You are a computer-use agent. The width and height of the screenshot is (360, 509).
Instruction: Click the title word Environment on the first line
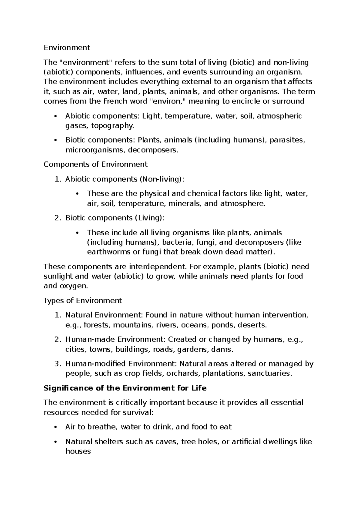[x=67, y=47]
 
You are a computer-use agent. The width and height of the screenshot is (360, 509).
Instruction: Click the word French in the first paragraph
[x=114, y=101]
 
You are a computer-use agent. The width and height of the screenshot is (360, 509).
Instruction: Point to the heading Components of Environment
[x=95, y=164]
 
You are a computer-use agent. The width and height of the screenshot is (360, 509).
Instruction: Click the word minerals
[x=185, y=203]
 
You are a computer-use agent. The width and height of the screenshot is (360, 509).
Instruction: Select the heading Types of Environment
[x=83, y=300]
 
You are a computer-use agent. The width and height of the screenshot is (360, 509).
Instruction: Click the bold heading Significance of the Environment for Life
[x=125, y=388]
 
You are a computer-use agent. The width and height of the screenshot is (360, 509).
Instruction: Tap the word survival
[x=138, y=413]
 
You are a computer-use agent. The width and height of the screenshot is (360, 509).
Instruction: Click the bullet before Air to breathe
[x=55, y=427]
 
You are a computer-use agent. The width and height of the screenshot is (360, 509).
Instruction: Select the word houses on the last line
[x=78, y=451]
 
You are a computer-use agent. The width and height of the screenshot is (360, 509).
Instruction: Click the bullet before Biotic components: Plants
[x=55, y=140]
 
